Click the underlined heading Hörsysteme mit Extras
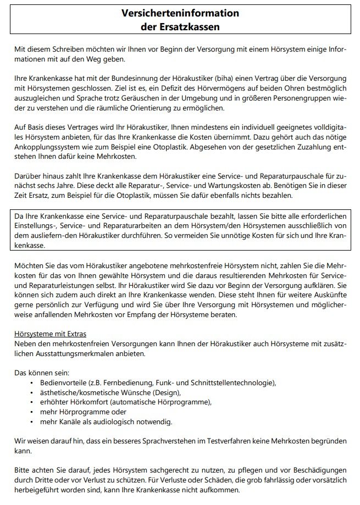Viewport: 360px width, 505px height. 50,334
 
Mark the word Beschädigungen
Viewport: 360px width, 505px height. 314,470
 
